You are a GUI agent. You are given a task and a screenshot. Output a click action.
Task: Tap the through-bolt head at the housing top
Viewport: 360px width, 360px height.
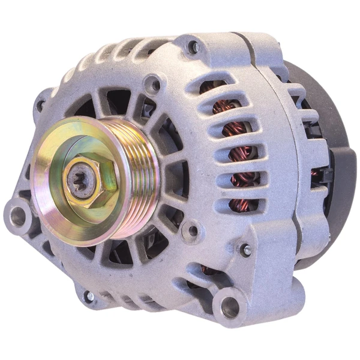point(193,45)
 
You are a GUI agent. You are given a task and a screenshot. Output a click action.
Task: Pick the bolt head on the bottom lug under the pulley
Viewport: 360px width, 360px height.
point(89,296)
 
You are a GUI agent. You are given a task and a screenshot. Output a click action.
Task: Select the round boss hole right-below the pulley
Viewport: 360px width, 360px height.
point(191,230)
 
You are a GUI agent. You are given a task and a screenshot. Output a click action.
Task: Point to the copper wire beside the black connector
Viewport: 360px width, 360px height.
point(316,174)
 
